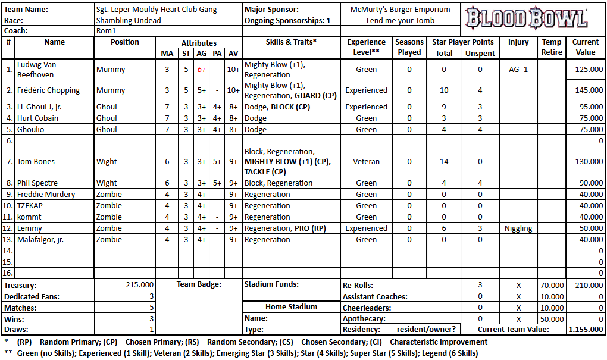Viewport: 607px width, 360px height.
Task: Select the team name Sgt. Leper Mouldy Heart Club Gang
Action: click(x=157, y=10)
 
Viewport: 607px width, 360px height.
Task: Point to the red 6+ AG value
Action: click(x=202, y=70)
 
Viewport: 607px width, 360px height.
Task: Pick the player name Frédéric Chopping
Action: click(x=49, y=90)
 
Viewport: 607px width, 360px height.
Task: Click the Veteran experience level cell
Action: click(x=366, y=161)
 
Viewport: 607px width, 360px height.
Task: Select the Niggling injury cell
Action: click(x=518, y=228)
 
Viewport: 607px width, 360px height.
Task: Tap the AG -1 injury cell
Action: click(x=518, y=70)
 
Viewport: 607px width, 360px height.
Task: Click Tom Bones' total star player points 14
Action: click(x=443, y=161)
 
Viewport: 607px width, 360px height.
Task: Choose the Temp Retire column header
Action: click(x=551, y=47)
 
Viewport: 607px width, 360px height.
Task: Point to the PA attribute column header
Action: click(x=218, y=54)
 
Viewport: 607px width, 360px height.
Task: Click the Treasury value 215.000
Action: click(x=140, y=285)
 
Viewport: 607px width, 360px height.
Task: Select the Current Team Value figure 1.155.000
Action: click(x=586, y=330)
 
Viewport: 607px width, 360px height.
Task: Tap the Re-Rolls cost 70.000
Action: click(x=551, y=285)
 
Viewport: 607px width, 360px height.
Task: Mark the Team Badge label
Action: click(x=199, y=284)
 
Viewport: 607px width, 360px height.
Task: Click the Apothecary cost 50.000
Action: click(x=551, y=319)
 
